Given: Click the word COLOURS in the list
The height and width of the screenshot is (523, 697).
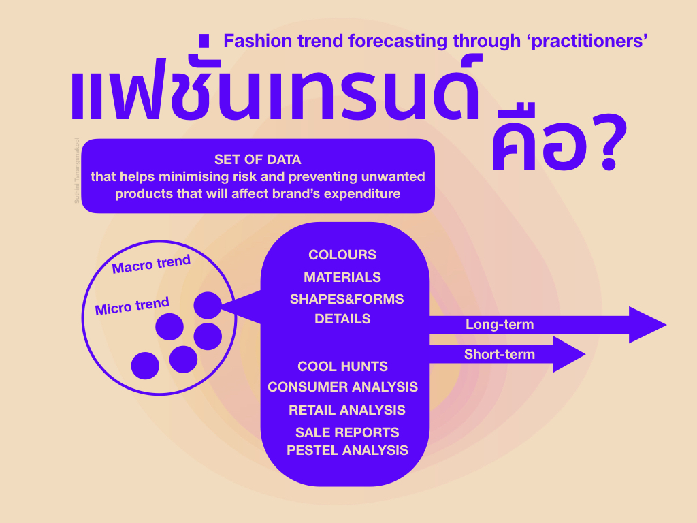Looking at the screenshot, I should tap(342, 255).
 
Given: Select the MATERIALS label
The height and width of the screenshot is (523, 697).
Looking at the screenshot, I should tap(342, 277).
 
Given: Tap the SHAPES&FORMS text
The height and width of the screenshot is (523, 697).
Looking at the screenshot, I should tap(346, 299).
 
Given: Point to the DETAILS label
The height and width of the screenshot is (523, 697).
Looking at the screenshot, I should tap(342, 318).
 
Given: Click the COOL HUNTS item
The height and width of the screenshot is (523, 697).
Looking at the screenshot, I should tap(342, 366).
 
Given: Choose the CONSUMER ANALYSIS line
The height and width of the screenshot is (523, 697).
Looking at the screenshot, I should tap(342, 387).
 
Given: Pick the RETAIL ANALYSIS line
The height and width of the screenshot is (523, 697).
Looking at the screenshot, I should tap(346, 410).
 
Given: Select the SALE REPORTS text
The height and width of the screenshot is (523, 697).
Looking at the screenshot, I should tap(347, 432).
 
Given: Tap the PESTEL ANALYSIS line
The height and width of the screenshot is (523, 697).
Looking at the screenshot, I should tap(347, 450).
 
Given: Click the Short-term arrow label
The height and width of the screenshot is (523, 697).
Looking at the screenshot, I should tap(499, 354).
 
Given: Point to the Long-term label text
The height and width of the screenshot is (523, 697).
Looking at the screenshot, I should tap(499, 325).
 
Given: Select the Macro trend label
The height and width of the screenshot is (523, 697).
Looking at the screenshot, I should tap(151, 264).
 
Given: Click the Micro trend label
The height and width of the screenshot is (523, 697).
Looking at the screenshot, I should tap(132, 306).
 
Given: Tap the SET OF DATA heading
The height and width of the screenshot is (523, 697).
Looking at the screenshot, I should tap(257, 159).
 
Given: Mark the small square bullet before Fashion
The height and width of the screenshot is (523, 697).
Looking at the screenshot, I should tap(204, 40).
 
